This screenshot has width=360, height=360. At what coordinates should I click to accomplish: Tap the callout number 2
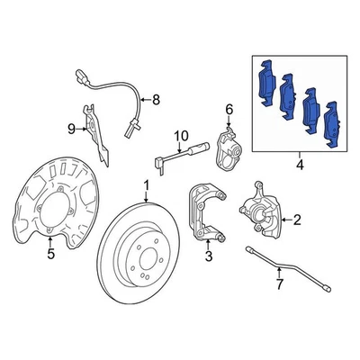pyautogui.click(x=297, y=219)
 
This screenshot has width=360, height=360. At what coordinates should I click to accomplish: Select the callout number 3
pyautogui.click(x=208, y=258)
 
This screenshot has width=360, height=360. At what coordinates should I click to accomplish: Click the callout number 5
pyautogui.click(x=51, y=254)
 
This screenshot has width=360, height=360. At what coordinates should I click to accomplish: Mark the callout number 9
pyautogui.click(x=71, y=129)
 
